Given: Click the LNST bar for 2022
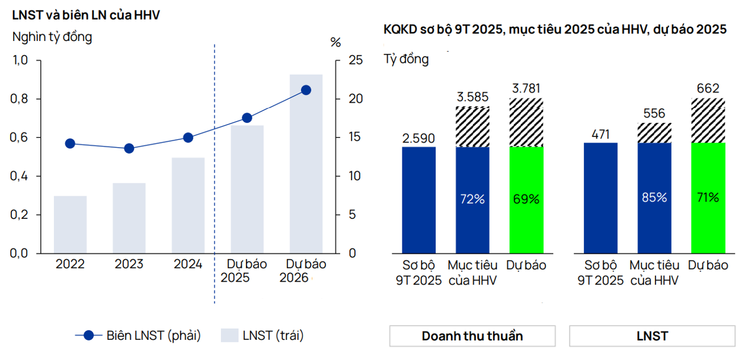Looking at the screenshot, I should click(70, 224).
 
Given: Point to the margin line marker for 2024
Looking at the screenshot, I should click(188, 138).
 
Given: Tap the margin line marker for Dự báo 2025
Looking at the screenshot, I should click(247, 118).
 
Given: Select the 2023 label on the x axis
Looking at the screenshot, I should click(129, 265).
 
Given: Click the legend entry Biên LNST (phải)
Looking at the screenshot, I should click(138, 335).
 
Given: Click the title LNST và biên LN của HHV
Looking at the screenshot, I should click(86, 15).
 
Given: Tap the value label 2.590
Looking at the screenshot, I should click(418, 138).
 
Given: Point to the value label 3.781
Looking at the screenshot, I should click(526, 90).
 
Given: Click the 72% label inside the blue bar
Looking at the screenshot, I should click(472, 199).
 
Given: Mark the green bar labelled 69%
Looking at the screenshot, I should click(526, 199).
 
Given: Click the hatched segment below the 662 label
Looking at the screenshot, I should click(708, 120).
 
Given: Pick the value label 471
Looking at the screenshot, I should click(600, 134).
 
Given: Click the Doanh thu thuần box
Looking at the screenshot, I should click(472, 336).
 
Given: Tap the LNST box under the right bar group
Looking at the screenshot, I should click(652, 336).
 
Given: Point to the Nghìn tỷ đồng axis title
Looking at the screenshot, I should click(52, 37).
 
